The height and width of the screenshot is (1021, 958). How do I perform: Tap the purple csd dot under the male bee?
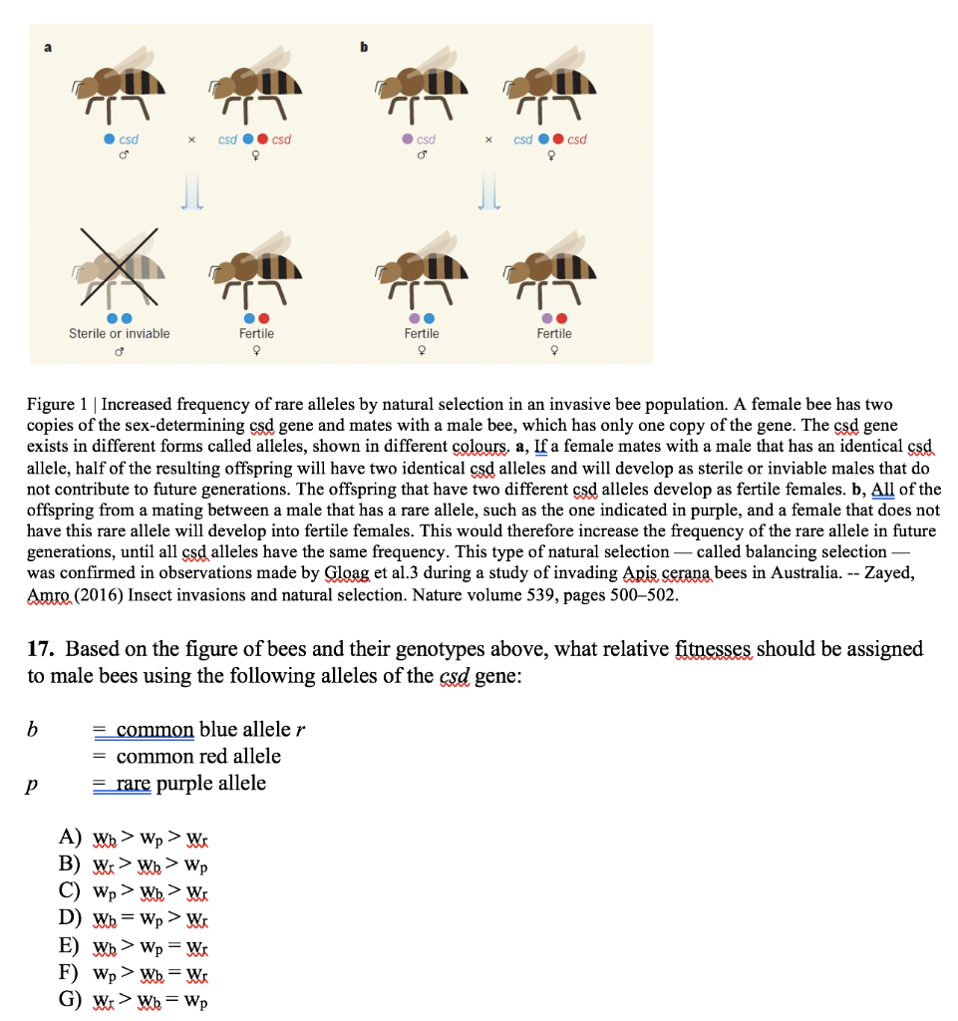(409, 140)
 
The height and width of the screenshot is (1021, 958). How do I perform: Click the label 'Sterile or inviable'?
(120, 333)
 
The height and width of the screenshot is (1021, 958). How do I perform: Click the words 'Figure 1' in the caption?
(59, 405)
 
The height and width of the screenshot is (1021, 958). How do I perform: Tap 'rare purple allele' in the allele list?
(190, 784)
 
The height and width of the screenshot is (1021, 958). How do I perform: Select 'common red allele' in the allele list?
(198, 757)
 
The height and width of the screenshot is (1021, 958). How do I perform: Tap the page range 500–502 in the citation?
(641, 596)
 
